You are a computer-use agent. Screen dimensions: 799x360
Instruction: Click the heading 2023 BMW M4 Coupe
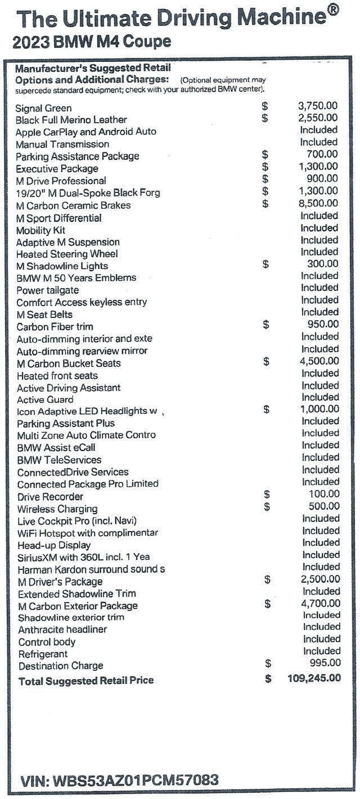click(x=92, y=42)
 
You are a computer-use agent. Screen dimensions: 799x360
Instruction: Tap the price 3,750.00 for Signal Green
click(x=317, y=106)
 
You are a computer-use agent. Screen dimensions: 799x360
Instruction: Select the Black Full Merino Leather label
click(x=71, y=120)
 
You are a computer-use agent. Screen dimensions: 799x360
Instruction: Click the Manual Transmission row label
click(x=62, y=144)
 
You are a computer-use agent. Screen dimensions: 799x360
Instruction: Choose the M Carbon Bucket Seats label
click(x=69, y=363)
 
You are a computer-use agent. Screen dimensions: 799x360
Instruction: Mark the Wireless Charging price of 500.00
click(x=323, y=506)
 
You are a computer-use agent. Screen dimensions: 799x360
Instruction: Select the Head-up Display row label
click(x=54, y=545)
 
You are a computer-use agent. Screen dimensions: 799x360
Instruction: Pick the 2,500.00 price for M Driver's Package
click(x=318, y=579)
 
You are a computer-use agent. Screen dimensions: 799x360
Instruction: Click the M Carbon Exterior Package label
click(x=78, y=606)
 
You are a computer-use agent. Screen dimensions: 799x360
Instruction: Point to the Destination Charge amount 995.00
click(x=325, y=663)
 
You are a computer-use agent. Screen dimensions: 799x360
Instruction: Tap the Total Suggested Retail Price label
click(x=86, y=681)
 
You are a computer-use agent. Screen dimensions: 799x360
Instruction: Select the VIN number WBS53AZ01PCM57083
click(x=119, y=781)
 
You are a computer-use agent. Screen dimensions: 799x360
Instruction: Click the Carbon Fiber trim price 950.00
click(x=323, y=324)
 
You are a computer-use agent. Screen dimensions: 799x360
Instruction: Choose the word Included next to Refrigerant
click(x=322, y=651)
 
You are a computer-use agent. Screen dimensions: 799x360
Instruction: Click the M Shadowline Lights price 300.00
click(x=323, y=264)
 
